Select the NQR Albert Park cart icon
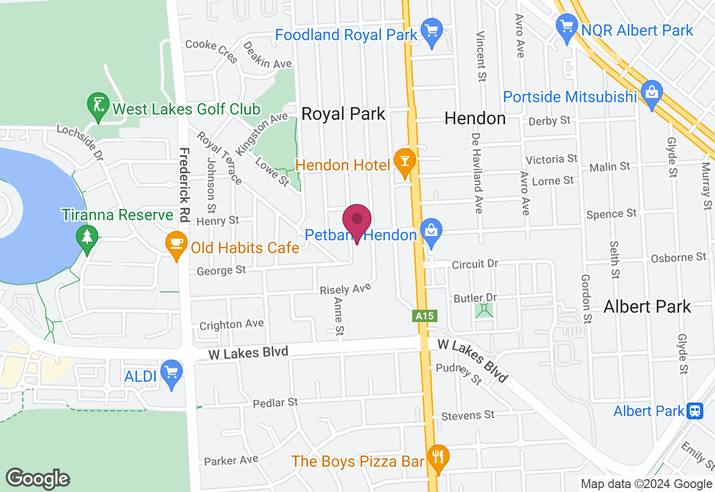(566, 26)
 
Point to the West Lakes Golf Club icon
(98, 105)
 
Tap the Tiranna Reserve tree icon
(87, 236)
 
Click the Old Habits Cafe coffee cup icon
(177, 243)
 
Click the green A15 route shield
(425, 316)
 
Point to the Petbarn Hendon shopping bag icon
(431, 230)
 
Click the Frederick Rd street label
(185, 184)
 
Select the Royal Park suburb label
(343, 114)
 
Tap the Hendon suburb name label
(475, 118)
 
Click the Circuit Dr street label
(474, 263)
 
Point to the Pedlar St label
(275, 403)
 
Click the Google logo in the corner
(37, 479)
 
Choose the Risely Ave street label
(345, 289)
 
